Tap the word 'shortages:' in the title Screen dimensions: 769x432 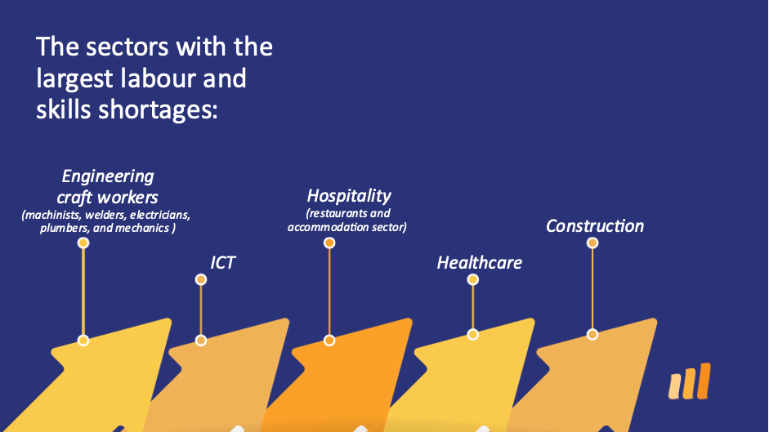coord(158,110)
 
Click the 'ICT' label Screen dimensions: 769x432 coord(222,263)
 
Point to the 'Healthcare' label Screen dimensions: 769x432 coord(479,263)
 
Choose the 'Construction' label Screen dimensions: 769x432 coord(594,226)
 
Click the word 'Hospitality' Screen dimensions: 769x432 coord(349,196)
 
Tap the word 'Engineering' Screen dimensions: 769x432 coord(108,176)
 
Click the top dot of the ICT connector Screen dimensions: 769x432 coord(200,279)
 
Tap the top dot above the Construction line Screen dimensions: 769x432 coord(592,243)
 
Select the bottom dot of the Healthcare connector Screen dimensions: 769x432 coord(473,335)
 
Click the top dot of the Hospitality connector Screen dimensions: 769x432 coord(329,243)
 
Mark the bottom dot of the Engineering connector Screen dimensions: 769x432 coord(83,341)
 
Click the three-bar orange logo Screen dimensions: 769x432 coord(689,381)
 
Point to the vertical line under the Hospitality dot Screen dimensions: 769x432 coord(329,292)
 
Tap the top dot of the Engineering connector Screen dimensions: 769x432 coord(83,243)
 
